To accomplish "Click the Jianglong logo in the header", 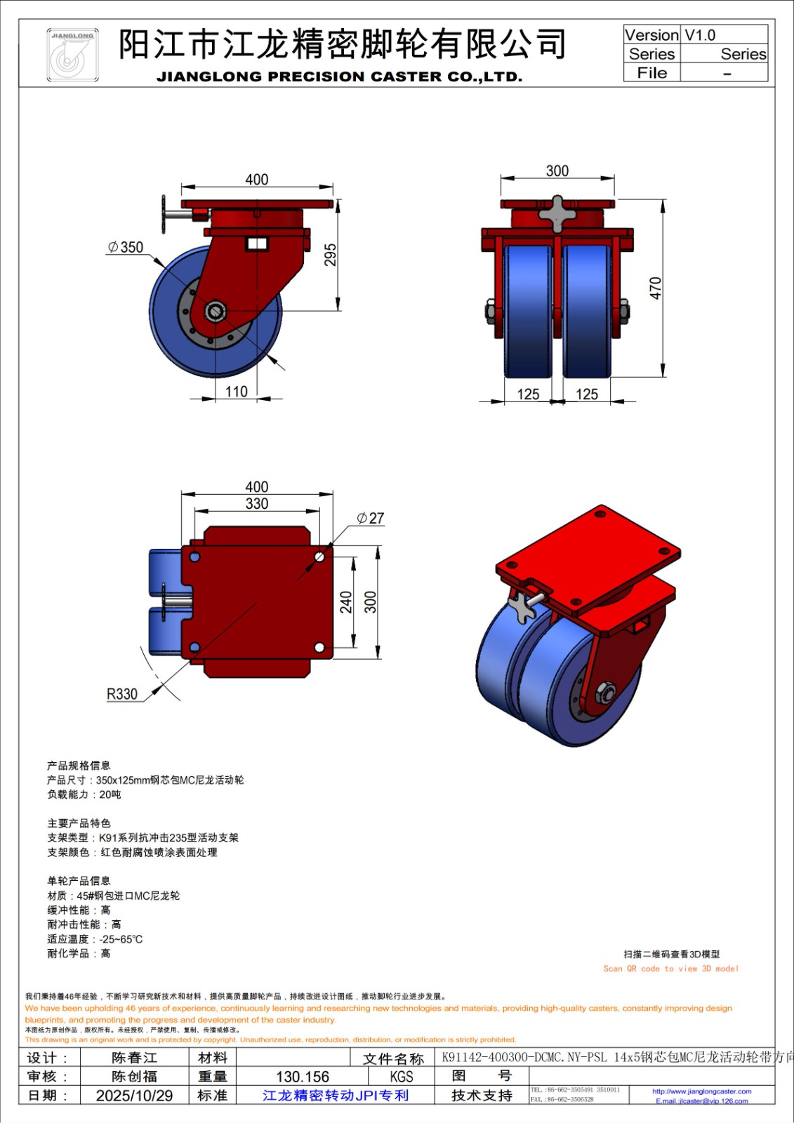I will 72,55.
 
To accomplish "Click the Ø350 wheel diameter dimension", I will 126,247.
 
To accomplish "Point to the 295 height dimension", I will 330,254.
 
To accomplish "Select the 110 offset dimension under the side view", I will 237,392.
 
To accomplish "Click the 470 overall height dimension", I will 655,288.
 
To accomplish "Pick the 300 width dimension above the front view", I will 557,171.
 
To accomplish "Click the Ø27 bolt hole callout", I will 371,518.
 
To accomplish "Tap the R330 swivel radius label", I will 122,694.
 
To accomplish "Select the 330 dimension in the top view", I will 257,503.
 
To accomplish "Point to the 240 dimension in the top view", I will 346,602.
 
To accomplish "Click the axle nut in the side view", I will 216,311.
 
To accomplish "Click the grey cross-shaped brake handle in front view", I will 557,213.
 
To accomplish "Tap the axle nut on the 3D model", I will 604,692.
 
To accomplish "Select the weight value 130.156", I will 303,1077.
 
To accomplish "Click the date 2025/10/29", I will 134,1096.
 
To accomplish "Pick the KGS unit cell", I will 402,1077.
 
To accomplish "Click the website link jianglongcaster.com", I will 701,1091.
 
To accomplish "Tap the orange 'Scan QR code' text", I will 670,969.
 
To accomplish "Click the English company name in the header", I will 339,77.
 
